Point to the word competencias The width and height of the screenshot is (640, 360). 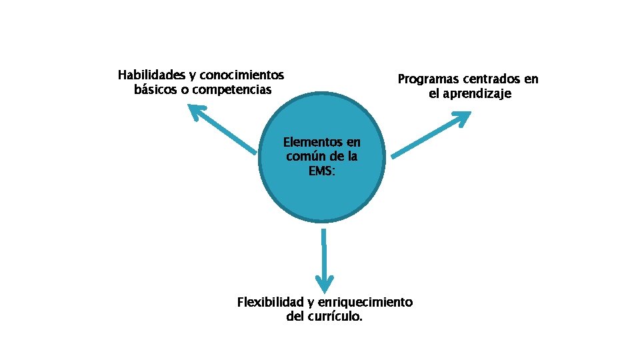click(x=232, y=89)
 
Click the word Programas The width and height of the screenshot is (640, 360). click(x=428, y=79)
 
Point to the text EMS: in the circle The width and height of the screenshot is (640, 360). click(x=322, y=171)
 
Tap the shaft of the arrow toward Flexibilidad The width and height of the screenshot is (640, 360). click(x=323, y=250)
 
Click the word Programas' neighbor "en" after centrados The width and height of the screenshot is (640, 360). click(x=531, y=79)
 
